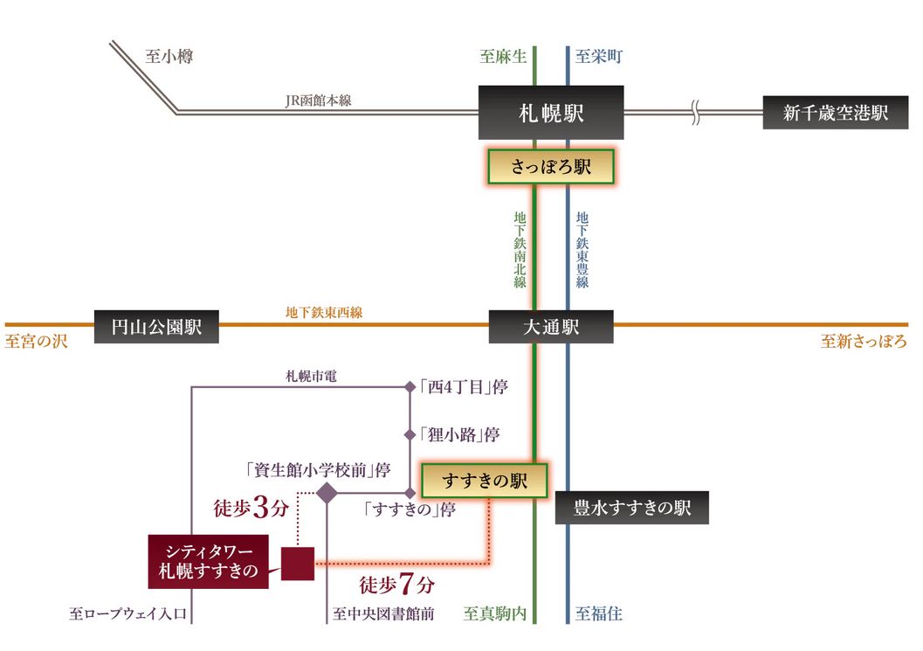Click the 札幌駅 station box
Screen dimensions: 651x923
(550, 113)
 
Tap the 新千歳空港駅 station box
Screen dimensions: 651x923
(835, 113)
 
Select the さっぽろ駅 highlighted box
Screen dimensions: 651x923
(550, 167)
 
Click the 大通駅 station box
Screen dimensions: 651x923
(550, 328)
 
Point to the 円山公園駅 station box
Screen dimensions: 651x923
(156, 328)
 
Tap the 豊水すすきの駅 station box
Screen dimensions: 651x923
(632, 507)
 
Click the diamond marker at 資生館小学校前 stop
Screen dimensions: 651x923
(326, 493)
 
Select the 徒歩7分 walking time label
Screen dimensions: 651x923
(397, 584)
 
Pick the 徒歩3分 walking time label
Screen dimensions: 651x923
(251, 509)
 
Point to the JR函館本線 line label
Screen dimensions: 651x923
(318, 101)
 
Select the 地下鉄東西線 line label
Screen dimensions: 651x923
(323, 312)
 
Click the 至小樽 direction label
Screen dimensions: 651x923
(169, 57)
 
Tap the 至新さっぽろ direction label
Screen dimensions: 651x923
(863, 342)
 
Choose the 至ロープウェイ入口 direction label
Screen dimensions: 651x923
(127, 614)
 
